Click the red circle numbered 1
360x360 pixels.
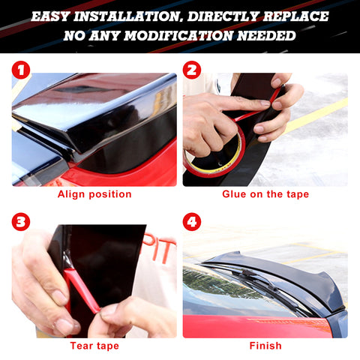click(x=21, y=70)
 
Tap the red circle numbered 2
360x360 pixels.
click(x=192, y=70)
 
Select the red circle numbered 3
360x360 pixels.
click(x=21, y=222)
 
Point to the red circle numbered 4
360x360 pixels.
click(x=192, y=222)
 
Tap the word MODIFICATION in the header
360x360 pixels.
click(x=178, y=35)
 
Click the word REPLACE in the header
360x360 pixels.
click(x=296, y=16)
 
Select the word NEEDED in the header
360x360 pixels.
click(x=266, y=35)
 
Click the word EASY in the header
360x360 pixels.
click(x=50, y=16)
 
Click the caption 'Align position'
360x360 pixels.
click(x=94, y=194)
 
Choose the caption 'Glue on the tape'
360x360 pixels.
click(x=265, y=194)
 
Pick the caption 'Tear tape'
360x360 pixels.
click(x=94, y=346)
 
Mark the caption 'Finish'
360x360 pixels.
click(x=265, y=346)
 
